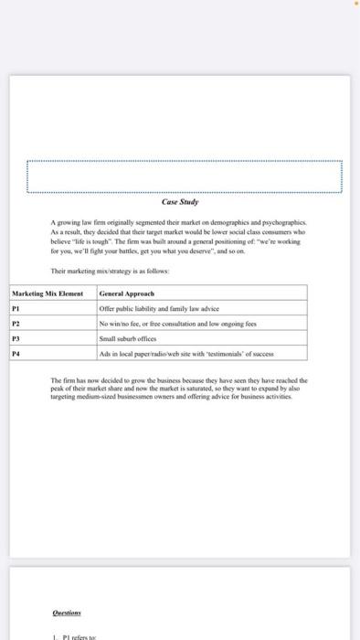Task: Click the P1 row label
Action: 16,310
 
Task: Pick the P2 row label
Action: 16,325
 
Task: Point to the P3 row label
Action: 16,339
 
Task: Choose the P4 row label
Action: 16,354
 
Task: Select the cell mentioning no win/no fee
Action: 178,325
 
